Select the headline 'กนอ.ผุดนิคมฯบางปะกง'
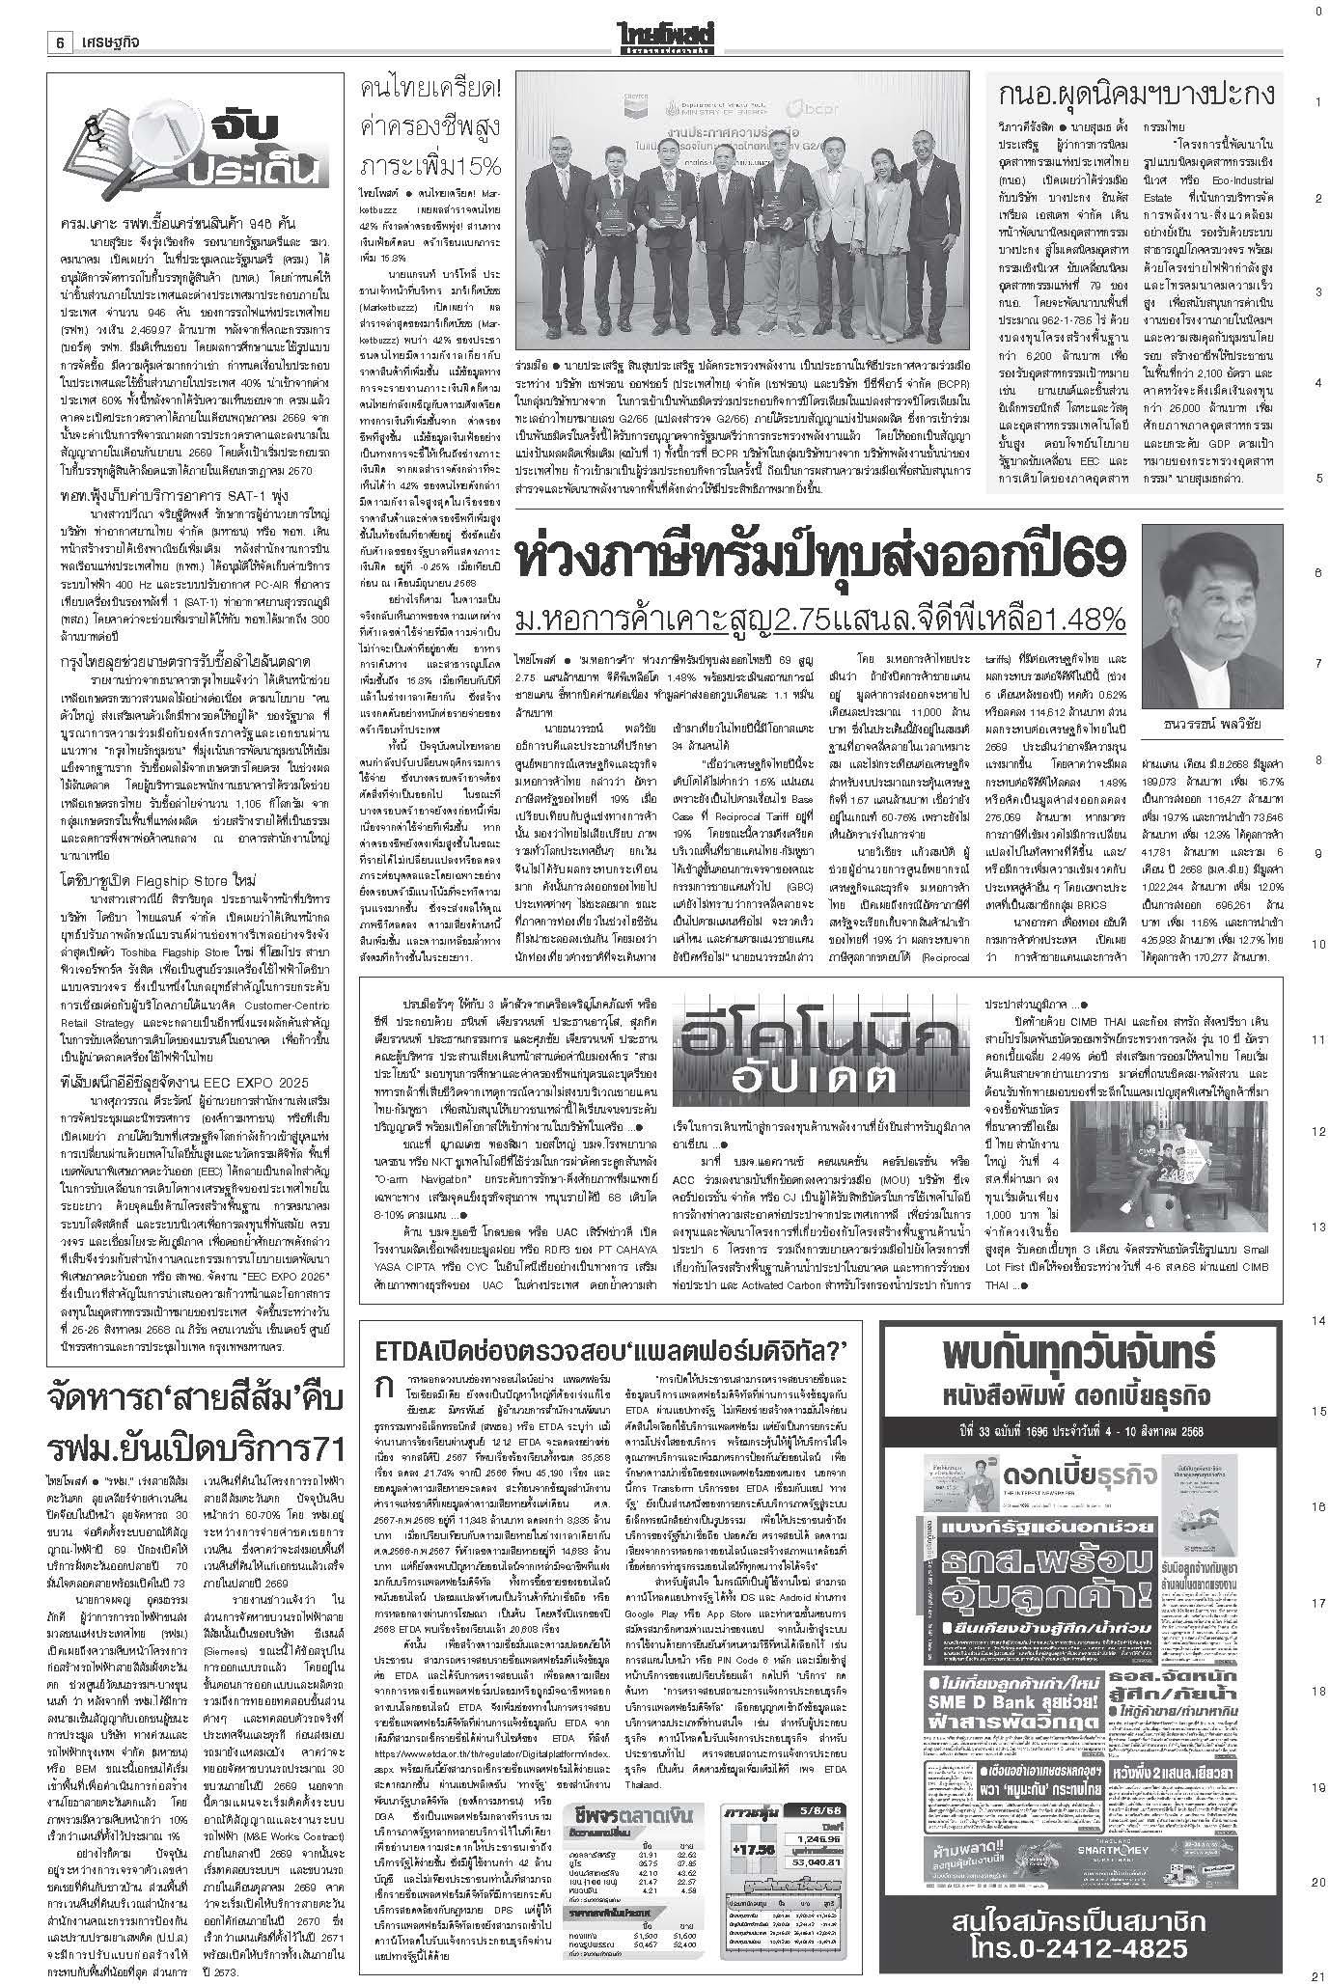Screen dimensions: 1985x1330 point(1139,96)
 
